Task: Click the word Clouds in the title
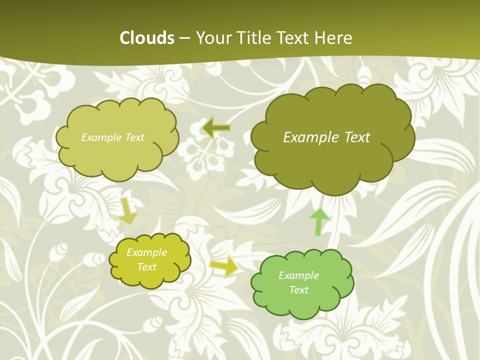tap(147, 38)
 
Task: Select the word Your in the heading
tap(211, 38)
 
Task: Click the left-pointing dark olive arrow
tap(216, 128)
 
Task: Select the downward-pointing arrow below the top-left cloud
tap(128, 211)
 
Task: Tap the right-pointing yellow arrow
tap(224, 266)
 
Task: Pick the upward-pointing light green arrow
tap(319, 222)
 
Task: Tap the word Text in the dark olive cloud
tap(356, 137)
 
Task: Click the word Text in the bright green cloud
tap(298, 290)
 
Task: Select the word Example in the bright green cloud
tap(298, 275)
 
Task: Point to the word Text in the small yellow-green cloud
tap(146, 267)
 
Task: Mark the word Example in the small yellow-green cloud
tap(146, 252)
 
